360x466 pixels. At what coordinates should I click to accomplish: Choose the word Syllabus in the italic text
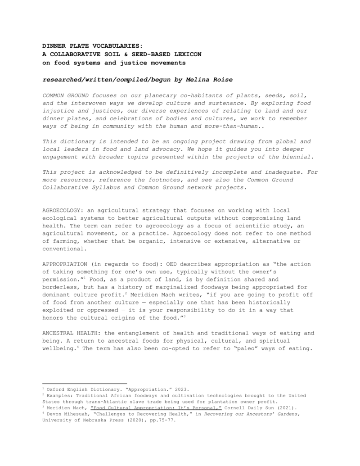(x=104, y=188)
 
